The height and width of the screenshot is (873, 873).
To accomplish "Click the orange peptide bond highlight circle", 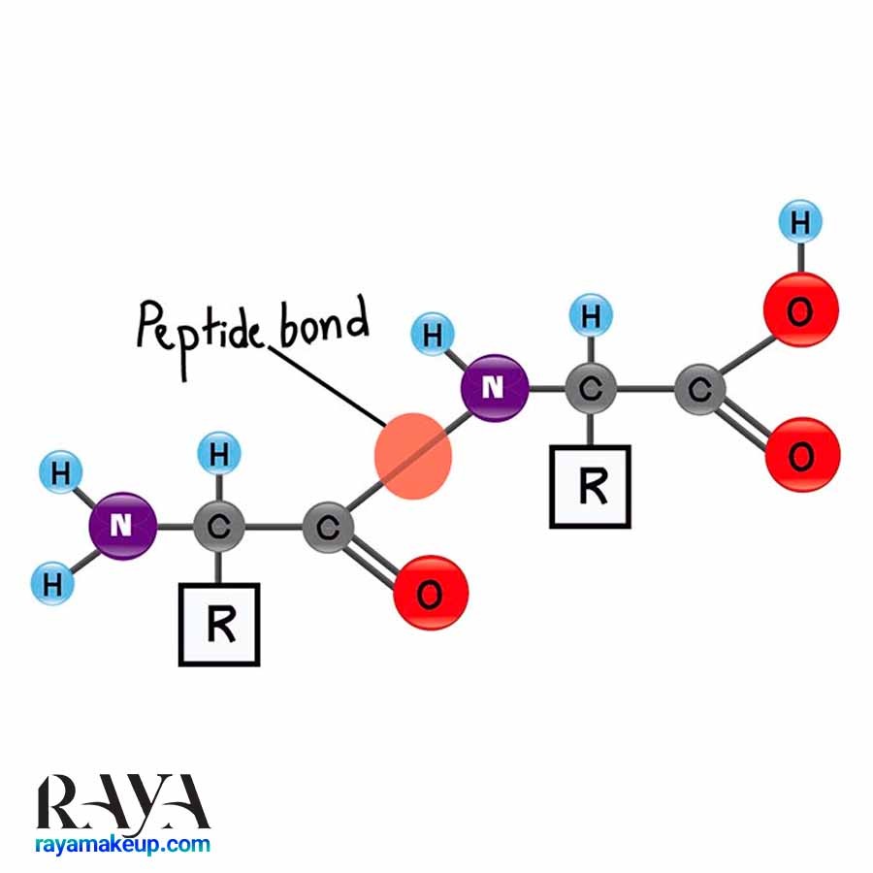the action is pyautogui.click(x=413, y=456).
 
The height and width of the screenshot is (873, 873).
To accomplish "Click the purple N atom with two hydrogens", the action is pyautogui.click(x=122, y=526).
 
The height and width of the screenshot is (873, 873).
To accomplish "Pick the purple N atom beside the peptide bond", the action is pyautogui.click(x=495, y=387).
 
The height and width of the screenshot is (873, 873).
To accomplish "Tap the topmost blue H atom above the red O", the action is pyautogui.click(x=800, y=221).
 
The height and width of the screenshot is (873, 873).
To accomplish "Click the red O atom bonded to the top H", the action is pyautogui.click(x=800, y=310).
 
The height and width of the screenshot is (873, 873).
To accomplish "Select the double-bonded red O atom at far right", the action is pyautogui.click(x=802, y=455).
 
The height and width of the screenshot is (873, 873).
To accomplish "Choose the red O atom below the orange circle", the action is pyautogui.click(x=431, y=593).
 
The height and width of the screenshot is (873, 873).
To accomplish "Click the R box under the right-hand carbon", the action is pyautogui.click(x=590, y=487).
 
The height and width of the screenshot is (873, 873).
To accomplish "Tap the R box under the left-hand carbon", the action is pyautogui.click(x=219, y=624).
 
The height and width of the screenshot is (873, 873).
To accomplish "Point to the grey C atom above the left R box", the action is pyautogui.click(x=219, y=526).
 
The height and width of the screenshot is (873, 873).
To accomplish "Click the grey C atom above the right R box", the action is pyautogui.click(x=591, y=389).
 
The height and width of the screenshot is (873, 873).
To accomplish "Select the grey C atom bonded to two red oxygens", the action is pyautogui.click(x=699, y=389).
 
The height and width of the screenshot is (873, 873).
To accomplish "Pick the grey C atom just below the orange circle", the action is pyautogui.click(x=328, y=528).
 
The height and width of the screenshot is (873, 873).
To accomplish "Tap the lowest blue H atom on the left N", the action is pyautogui.click(x=52, y=584).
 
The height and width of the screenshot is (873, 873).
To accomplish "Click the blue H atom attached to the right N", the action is pyautogui.click(x=433, y=335).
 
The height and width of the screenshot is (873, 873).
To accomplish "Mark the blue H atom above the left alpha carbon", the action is pyautogui.click(x=219, y=453).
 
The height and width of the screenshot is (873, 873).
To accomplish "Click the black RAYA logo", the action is pyautogui.click(x=122, y=803).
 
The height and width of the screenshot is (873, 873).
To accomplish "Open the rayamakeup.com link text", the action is pyautogui.click(x=122, y=845).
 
